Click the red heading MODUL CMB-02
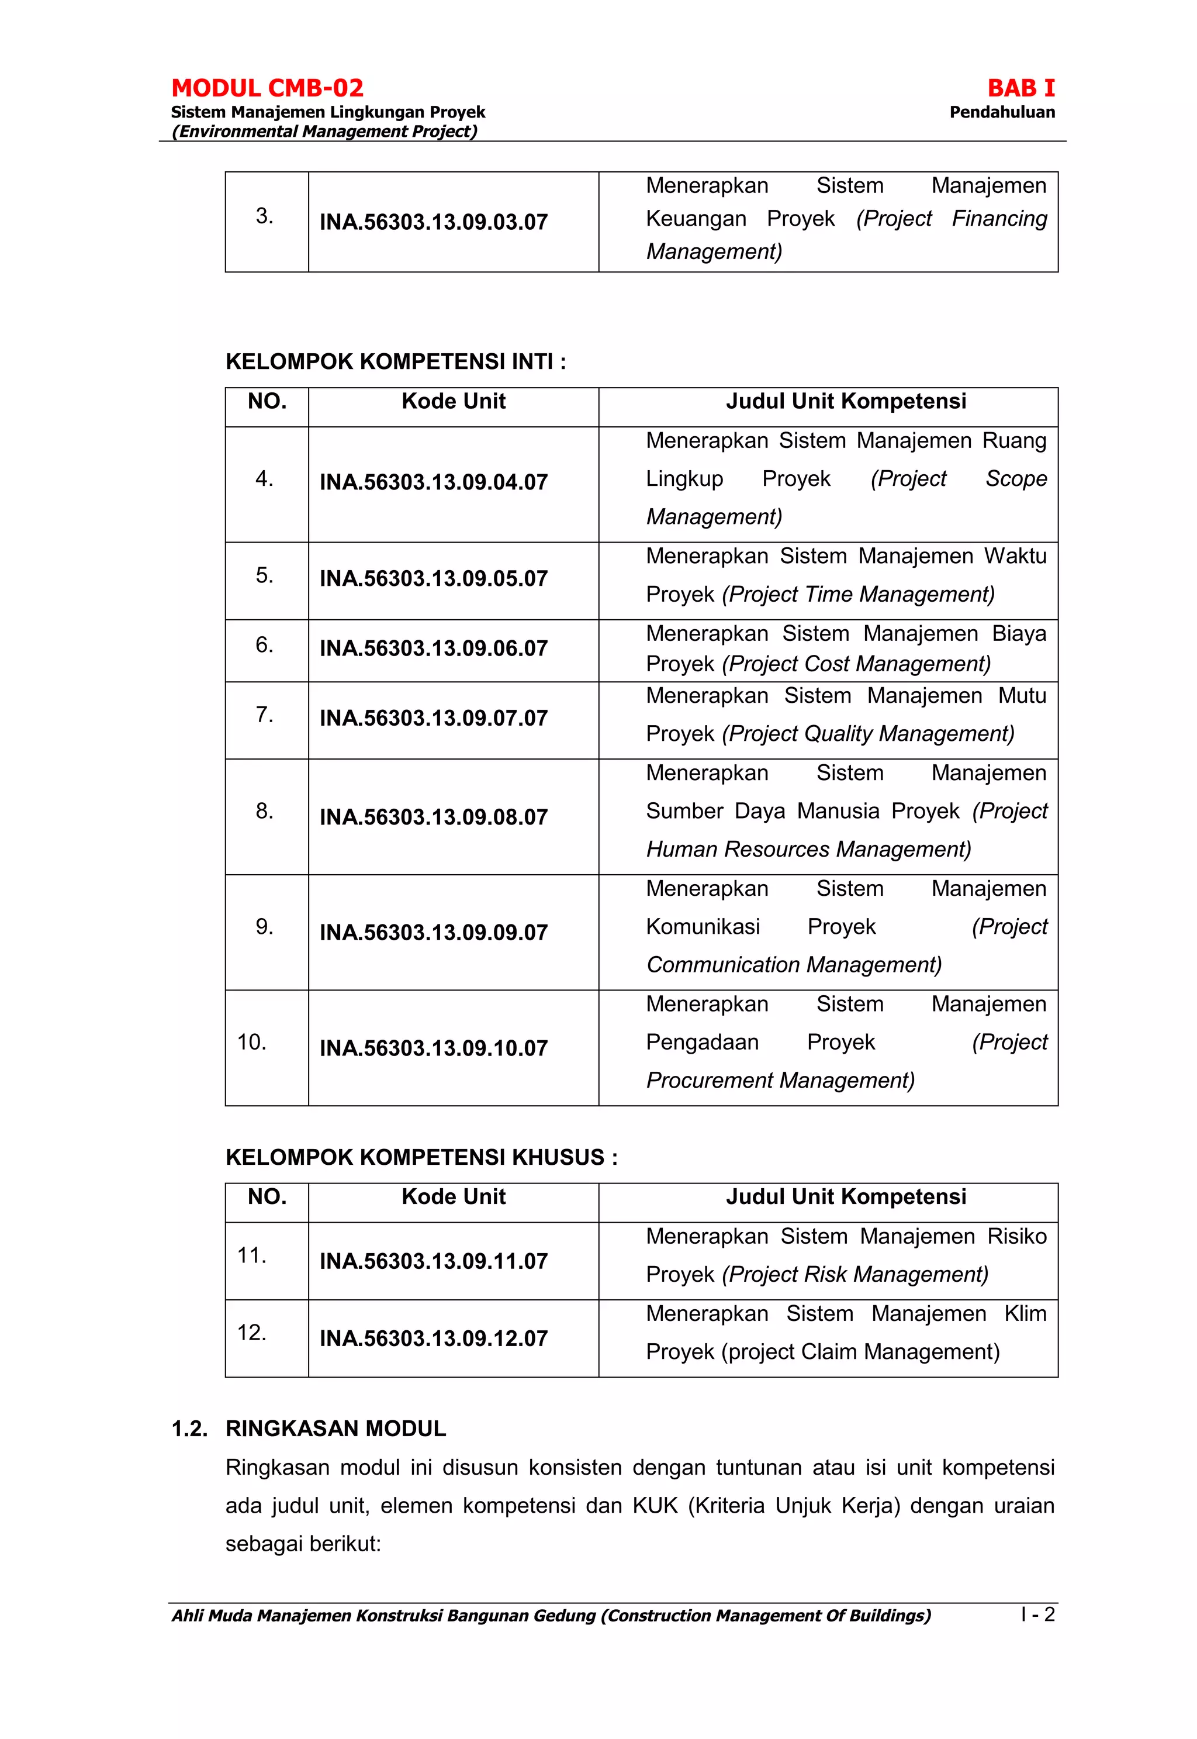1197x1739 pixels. click(x=267, y=88)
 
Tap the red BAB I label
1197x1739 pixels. click(x=1020, y=88)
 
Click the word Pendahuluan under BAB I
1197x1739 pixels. click(x=1001, y=112)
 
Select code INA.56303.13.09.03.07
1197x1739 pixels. click(x=434, y=222)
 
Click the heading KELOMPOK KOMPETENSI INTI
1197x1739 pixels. click(x=395, y=361)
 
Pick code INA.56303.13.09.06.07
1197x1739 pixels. click(x=434, y=648)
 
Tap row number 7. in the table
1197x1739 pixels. click(x=264, y=714)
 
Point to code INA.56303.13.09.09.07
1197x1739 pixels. click(x=434, y=933)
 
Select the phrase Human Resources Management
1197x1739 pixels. click(x=808, y=849)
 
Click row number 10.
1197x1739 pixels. click(x=252, y=1042)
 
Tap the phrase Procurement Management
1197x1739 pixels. click(x=780, y=1081)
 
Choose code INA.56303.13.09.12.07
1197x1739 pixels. click(x=434, y=1338)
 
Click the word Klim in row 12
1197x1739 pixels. click(x=1025, y=1314)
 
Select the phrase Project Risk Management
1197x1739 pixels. click(x=855, y=1275)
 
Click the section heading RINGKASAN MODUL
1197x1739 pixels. click(x=335, y=1429)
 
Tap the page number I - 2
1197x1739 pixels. click(x=1037, y=1614)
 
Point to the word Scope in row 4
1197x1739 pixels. click(x=1015, y=479)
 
